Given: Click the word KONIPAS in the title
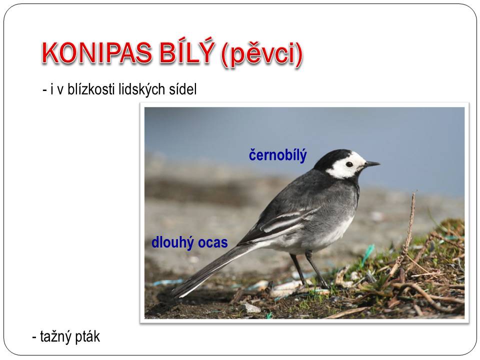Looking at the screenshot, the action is click(96, 53).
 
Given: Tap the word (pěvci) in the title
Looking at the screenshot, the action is click(261, 54).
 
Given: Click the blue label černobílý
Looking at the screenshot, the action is click(277, 155).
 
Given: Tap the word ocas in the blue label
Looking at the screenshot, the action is click(213, 243).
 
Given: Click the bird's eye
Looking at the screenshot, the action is click(349, 164).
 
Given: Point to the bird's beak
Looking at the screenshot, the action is click(371, 164).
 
